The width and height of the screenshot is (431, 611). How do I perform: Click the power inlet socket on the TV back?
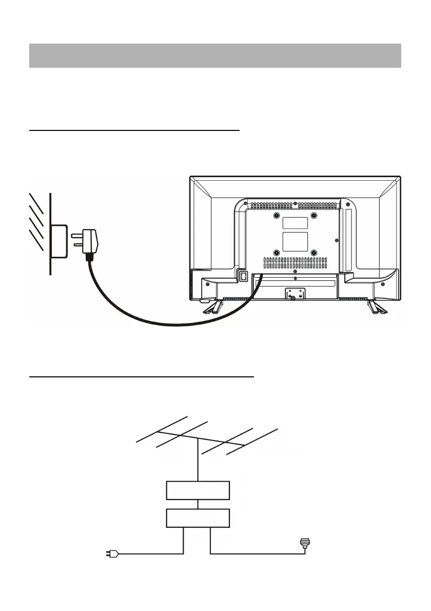coord(243,276)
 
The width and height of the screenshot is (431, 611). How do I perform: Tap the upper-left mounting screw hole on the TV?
coord(277,215)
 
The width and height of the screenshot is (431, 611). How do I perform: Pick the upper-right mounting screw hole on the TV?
coord(314,215)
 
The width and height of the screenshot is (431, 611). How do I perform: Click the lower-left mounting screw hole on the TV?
coord(277,252)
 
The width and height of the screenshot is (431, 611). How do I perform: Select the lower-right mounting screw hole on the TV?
coord(314,252)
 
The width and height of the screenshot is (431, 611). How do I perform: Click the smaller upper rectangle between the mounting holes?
coord(296,223)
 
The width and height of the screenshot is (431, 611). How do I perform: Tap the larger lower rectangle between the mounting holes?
coord(296,242)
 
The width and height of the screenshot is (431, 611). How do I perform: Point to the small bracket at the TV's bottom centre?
coord(295,294)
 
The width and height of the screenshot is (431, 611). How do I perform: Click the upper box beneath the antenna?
coord(198,490)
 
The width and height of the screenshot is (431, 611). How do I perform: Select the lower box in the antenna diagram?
coord(198,519)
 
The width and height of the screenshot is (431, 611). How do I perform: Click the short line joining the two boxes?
coord(198,504)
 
